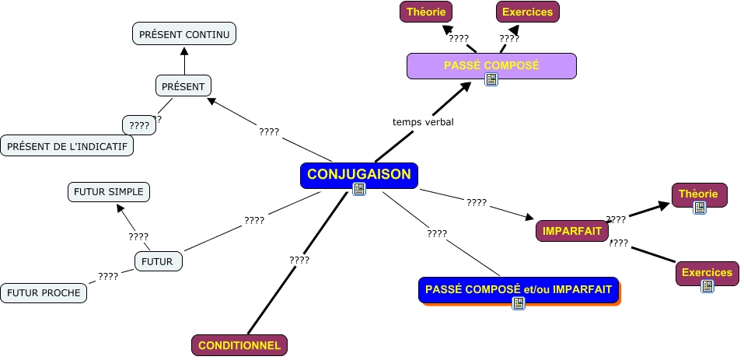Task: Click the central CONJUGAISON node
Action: [x=359, y=176]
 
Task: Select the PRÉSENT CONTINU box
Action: [x=184, y=33]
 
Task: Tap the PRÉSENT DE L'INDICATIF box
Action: [x=67, y=145]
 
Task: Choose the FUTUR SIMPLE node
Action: [x=109, y=192]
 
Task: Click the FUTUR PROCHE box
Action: [x=44, y=292]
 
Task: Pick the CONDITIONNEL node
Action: [x=239, y=345]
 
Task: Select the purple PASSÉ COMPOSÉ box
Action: [x=491, y=66]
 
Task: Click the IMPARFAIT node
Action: [x=572, y=231]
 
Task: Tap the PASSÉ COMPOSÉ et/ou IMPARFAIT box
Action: [x=519, y=290]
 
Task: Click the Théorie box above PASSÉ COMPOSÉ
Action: [x=426, y=12]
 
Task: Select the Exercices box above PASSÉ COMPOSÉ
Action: [x=528, y=12]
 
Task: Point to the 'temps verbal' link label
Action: [x=423, y=122]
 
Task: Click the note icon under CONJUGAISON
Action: [x=359, y=189]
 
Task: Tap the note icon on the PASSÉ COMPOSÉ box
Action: [x=491, y=79]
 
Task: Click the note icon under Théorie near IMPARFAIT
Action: [x=700, y=208]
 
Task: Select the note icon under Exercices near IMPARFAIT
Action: [x=707, y=286]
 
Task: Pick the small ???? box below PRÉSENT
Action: [x=139, y=125]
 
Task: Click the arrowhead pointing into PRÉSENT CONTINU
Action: [x=184, y=51]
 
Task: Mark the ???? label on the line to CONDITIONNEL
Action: [x=299, y=260]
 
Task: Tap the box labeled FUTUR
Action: [x=159, y=261]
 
